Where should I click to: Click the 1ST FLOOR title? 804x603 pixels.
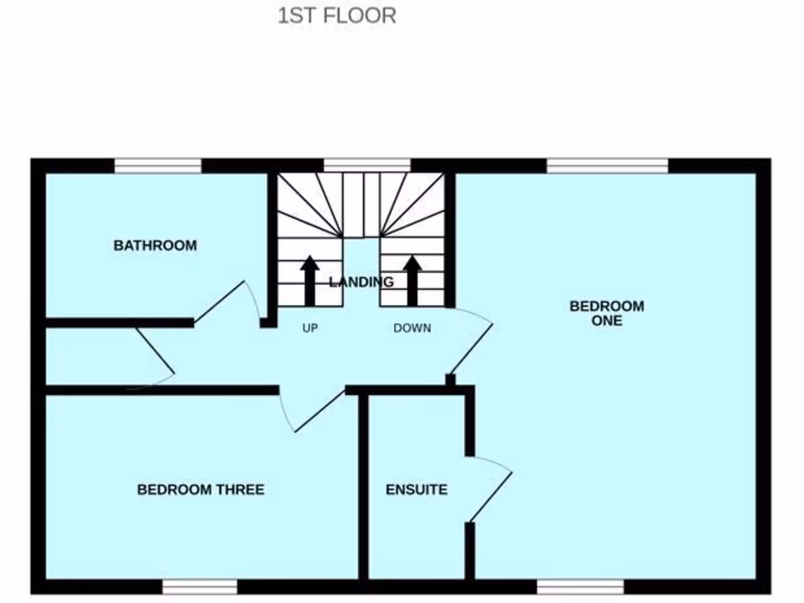337,16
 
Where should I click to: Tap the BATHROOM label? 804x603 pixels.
155,246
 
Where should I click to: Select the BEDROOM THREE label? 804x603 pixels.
201,490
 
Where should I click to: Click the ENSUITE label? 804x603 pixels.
416,490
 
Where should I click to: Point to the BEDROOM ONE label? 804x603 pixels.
607,313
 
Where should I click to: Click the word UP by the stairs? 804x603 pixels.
310,328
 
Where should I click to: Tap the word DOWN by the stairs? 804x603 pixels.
412,328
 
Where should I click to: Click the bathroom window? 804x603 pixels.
158,165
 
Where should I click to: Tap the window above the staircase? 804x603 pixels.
367,165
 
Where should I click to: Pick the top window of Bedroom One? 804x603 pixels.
607,165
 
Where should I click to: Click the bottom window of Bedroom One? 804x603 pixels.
580,587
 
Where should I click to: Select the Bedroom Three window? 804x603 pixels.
199,587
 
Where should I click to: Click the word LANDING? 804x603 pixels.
361,282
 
